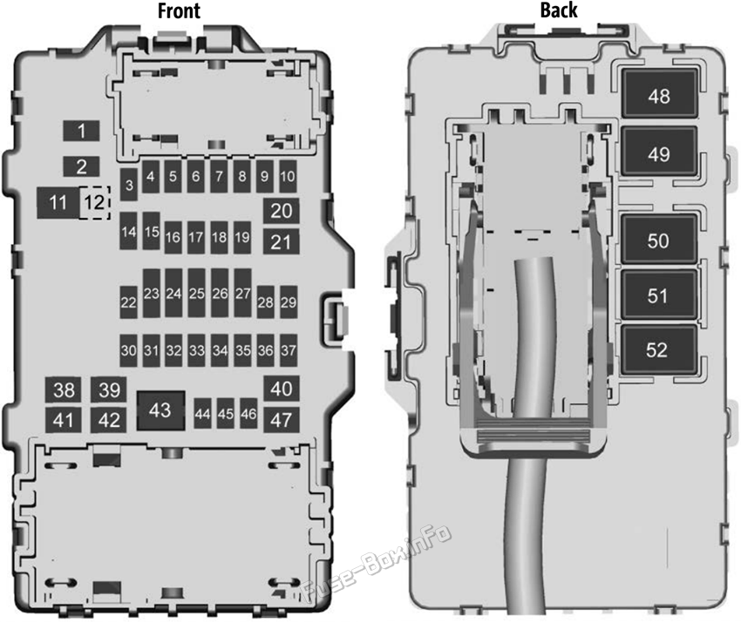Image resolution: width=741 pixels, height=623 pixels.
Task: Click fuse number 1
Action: (x=81, y=131)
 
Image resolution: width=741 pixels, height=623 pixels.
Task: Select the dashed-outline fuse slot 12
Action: (x=95, y=203)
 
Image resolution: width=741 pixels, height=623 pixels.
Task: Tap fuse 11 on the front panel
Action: (x=58, y=203)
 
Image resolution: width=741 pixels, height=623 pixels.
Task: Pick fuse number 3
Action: (x=128, y=184)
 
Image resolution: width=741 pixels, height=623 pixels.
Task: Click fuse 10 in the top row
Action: (x=288, y=176)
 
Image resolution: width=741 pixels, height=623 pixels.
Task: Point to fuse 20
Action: (x=282, y=211)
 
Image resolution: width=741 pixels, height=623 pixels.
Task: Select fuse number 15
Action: (x=151, y=231)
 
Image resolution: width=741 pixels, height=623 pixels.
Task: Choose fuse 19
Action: (x=242, y=237)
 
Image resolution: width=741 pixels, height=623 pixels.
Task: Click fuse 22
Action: (x=128, y=301)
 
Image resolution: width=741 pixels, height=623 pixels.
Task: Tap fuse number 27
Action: (x=242, y=293)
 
